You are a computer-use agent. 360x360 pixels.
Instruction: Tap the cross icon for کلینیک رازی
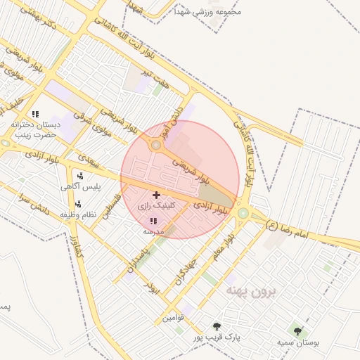tap(156, 194)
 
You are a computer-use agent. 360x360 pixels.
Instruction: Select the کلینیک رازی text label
tap(155, 207)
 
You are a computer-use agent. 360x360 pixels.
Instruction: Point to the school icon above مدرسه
tap(153, 221)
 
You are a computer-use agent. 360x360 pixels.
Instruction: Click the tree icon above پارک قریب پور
tap(217, 326)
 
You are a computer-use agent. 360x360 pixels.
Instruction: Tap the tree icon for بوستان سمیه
tap(298, 330)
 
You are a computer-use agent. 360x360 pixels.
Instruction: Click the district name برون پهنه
tap(251, 290)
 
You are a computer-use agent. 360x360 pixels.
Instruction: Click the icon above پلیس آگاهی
tap(80, 176)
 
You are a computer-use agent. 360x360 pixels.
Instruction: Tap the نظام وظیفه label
tap(79, 214)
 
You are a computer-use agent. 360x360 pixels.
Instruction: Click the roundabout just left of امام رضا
tap(243, 212)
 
